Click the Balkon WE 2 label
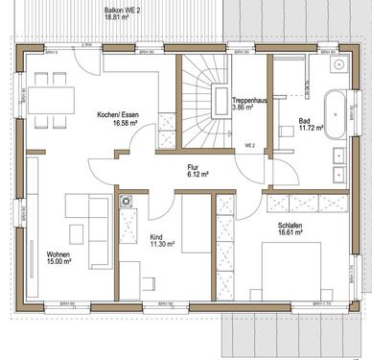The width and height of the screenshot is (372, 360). point(122,9)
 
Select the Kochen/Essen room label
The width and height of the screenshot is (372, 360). point(119,114)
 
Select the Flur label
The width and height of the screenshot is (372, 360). point(195,166)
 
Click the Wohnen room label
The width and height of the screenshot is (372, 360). point(59,254)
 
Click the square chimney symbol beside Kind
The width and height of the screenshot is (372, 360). point(125,203)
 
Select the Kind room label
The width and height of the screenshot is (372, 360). point(156,236)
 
